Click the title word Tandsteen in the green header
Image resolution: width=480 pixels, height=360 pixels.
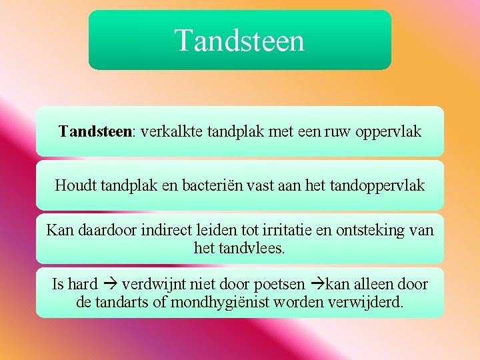pos(239,40)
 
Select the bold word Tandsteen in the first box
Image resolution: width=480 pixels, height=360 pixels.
pos(95,131)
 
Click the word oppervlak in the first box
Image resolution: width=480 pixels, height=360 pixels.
pos(389,132)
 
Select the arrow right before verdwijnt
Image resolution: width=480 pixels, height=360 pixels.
pos(111,285)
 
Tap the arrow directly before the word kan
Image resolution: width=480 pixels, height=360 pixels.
pos(319,285)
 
